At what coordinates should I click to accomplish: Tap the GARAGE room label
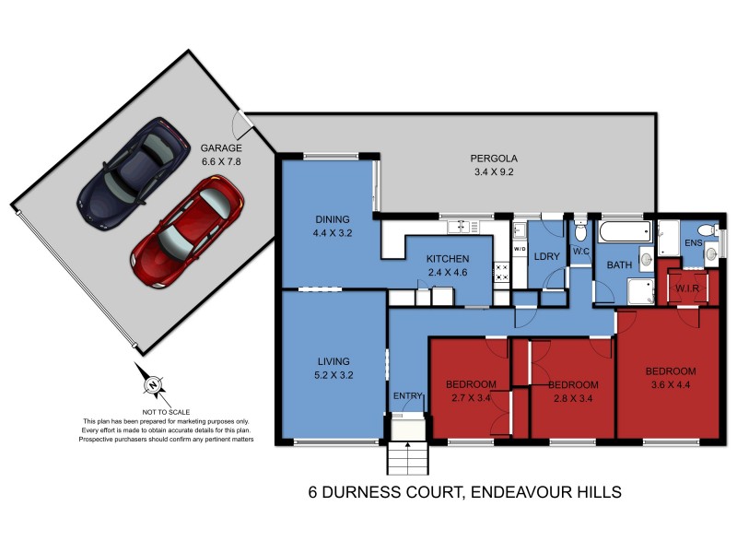[221, 147]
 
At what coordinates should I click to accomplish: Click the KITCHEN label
[448, 259]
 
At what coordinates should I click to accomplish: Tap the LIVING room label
[333, 361]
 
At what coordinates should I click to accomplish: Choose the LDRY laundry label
[546, 256]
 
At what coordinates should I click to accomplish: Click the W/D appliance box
[519, 249]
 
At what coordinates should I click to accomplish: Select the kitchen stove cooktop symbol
[502, 271]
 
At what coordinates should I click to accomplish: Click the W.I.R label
[688, 288]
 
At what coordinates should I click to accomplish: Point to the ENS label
[693, 243]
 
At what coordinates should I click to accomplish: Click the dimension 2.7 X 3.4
[471, 397]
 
